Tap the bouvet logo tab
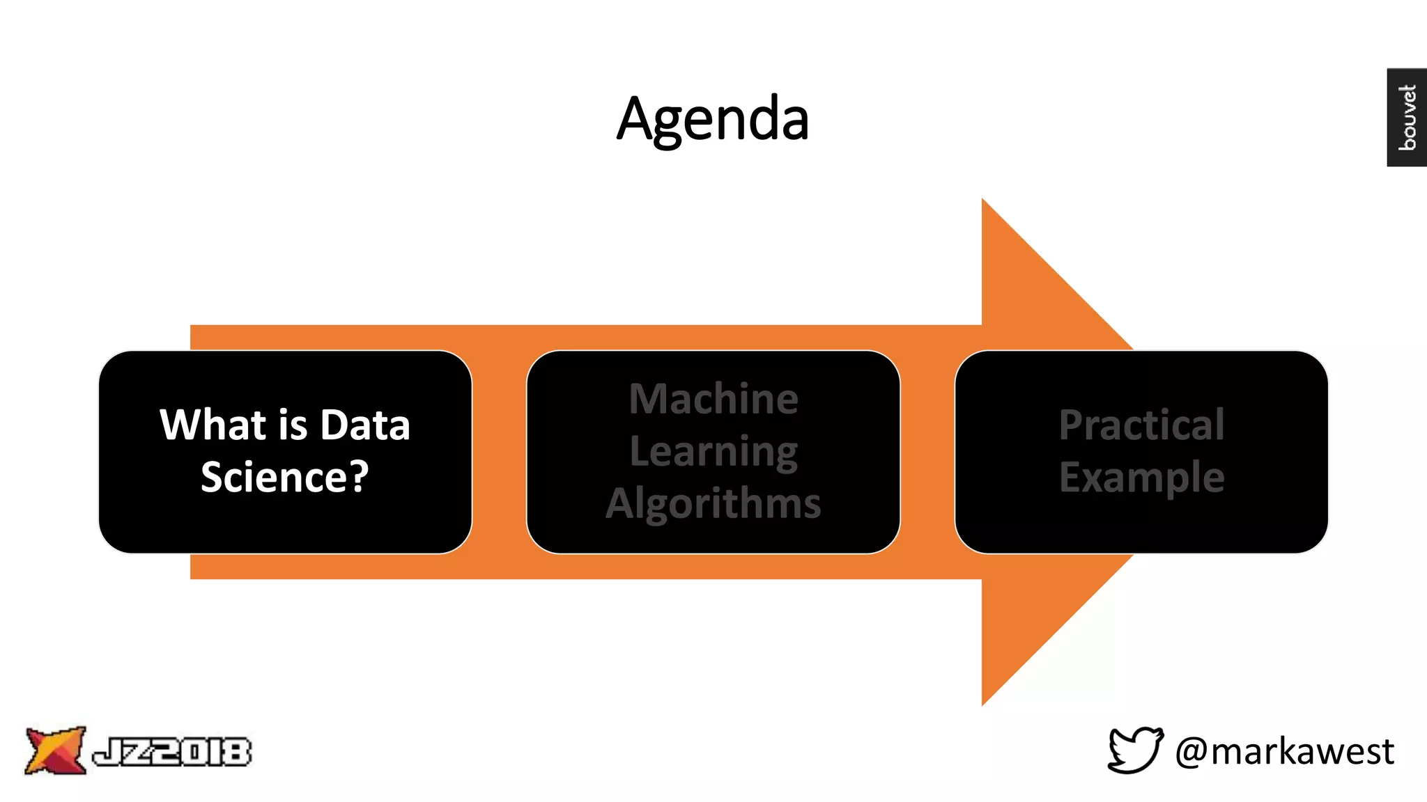(1407, 117)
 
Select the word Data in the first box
(365, 425)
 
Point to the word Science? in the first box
(284, 478)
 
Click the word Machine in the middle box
(713, 399)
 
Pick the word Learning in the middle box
(713, 451)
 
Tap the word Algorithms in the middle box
(713, 503)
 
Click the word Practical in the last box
(1141, 425)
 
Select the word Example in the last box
(1141, 478)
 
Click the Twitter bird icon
(1135, 750)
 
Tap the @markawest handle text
(1285, 751)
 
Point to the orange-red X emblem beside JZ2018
(54, 750)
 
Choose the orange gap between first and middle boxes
(499, 452)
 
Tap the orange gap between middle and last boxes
(927, 452)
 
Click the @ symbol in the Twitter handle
(1192, 752)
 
